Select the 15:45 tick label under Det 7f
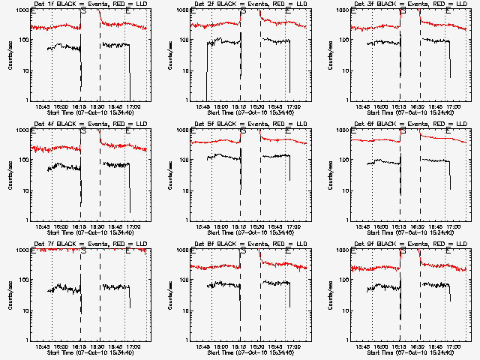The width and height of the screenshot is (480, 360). [43, 346]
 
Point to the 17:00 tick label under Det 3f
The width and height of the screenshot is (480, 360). [453, 106]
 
